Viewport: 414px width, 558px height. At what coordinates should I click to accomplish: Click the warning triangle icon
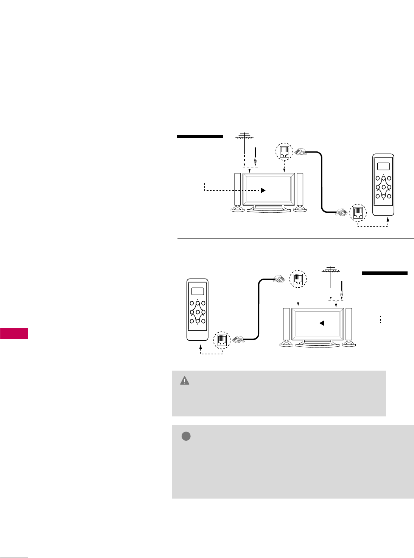(185, 381)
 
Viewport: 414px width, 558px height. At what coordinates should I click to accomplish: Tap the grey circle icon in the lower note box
(185, 436)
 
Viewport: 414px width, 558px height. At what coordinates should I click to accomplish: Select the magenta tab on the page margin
(14, 334)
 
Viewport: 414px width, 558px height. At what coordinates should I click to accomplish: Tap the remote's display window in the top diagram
(383, 166)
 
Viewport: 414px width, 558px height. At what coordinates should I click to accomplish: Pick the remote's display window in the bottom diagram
(197, 291)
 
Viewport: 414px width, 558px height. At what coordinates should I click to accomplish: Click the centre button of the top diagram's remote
(383, 187)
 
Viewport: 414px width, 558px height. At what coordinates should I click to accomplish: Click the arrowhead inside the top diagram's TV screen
(264, 190)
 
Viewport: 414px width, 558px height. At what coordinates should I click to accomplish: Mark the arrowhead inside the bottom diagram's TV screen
(321, 323)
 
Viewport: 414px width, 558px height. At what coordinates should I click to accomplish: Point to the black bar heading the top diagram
(200, 136)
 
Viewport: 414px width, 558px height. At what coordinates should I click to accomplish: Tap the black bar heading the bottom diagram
(384, 273)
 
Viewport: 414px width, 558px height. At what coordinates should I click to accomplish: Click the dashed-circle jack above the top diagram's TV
(285, 152)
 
